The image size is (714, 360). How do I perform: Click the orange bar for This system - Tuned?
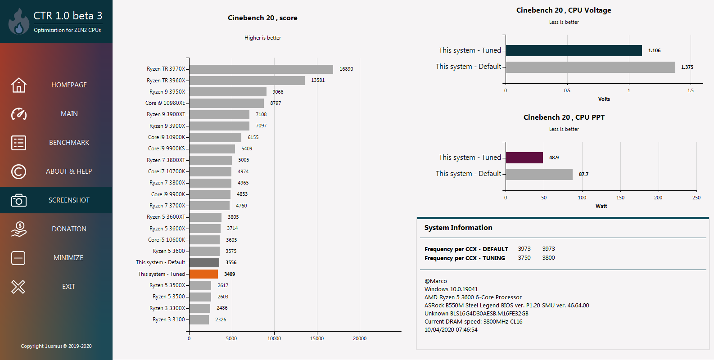pyautogui.click(x=203, y=274)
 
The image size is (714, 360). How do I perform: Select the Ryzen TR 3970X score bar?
pyautogui.click(x=261, y=69)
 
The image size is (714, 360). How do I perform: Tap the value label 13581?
pyautogui.click(x=318, y=80)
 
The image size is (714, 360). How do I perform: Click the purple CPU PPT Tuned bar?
pyautogui.click(x=524, y=157)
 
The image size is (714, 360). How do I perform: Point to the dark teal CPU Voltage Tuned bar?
pyautogui.click(x=574, y=50)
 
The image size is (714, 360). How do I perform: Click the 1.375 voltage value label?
pyautogui.click(x=687, y=67)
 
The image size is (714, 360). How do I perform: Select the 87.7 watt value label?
pyautogui.click(x=583, y=174)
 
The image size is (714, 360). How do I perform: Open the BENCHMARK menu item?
pyautogui.click(x=69, y=143)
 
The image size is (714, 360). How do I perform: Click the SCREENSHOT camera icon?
pyautogui.click(x=18, y=200)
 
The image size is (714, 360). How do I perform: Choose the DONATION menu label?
pyautogui.click(x=69, y=229)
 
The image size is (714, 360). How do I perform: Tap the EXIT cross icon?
pyautogui.click(x=18, y=287)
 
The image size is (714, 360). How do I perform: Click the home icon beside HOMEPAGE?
pyautogui.click(x=18, y=85)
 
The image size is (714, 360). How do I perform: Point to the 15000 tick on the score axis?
pyautogui.click(x=317, y=338)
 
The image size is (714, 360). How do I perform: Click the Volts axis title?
pyautogui.click(x=604, y=99)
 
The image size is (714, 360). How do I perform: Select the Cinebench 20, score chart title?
pyautogui.click(x=262, y=18)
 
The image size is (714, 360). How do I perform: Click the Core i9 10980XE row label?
pyautogui.click(x=165, y=103)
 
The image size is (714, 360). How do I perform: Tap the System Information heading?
pyautogui.click(x=458, y=228)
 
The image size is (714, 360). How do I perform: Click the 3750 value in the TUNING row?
pyautogui.click(x=524, y=258)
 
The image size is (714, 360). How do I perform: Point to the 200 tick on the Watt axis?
pyautogui.click(x=658, y=198)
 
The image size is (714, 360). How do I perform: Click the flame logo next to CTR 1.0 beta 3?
pyautogui.click(x=18, y=22)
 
